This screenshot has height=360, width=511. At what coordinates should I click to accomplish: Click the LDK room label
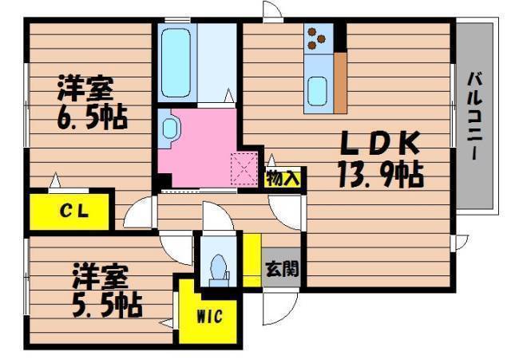[x=380, y=143]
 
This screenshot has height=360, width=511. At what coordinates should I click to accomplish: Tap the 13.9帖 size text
[x=381, y=176]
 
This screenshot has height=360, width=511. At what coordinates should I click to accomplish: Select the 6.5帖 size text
[x=93, y=117]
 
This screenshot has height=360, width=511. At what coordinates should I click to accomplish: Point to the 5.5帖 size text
[x=107, y=305]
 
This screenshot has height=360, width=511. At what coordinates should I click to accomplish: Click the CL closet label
[x=74, y=211]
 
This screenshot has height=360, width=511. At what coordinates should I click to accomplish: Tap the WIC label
[x=209, y=316]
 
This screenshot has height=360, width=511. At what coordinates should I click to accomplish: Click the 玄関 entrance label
[x=282, y=270]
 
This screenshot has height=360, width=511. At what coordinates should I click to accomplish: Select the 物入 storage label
[x=283, y=178]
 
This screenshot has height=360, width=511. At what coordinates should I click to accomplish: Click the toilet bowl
[x=218, y=267]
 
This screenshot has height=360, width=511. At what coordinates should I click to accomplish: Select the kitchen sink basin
[x=317, y=91]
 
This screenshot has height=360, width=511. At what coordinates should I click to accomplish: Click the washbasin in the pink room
[x=169, y=128]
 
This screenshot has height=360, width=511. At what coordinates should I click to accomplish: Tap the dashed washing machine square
[x=244, y=168]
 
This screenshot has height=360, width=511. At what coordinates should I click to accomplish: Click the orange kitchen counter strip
[x=340, y=83]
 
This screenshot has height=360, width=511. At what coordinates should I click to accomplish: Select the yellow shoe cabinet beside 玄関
[x=252, y=259]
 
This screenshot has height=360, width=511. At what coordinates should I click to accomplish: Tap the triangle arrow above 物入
[x=271, y=160]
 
